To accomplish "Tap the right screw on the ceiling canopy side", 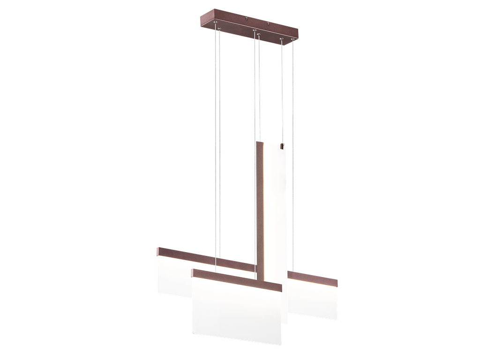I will (268, 24).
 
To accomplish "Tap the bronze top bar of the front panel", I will (234, 280).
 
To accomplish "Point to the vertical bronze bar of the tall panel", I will (261, 211).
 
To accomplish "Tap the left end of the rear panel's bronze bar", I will (158, 251).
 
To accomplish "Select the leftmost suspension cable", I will (217, 141).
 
